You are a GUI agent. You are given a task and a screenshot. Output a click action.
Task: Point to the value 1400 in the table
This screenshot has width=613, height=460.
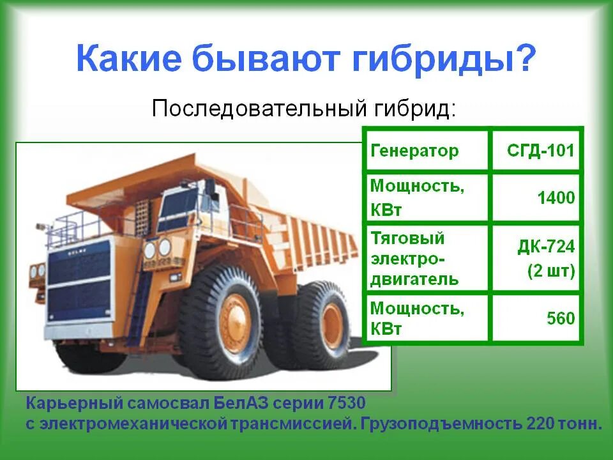[555, 197]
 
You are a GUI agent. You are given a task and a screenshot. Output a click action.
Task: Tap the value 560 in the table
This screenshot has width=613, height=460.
[561, 318]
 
